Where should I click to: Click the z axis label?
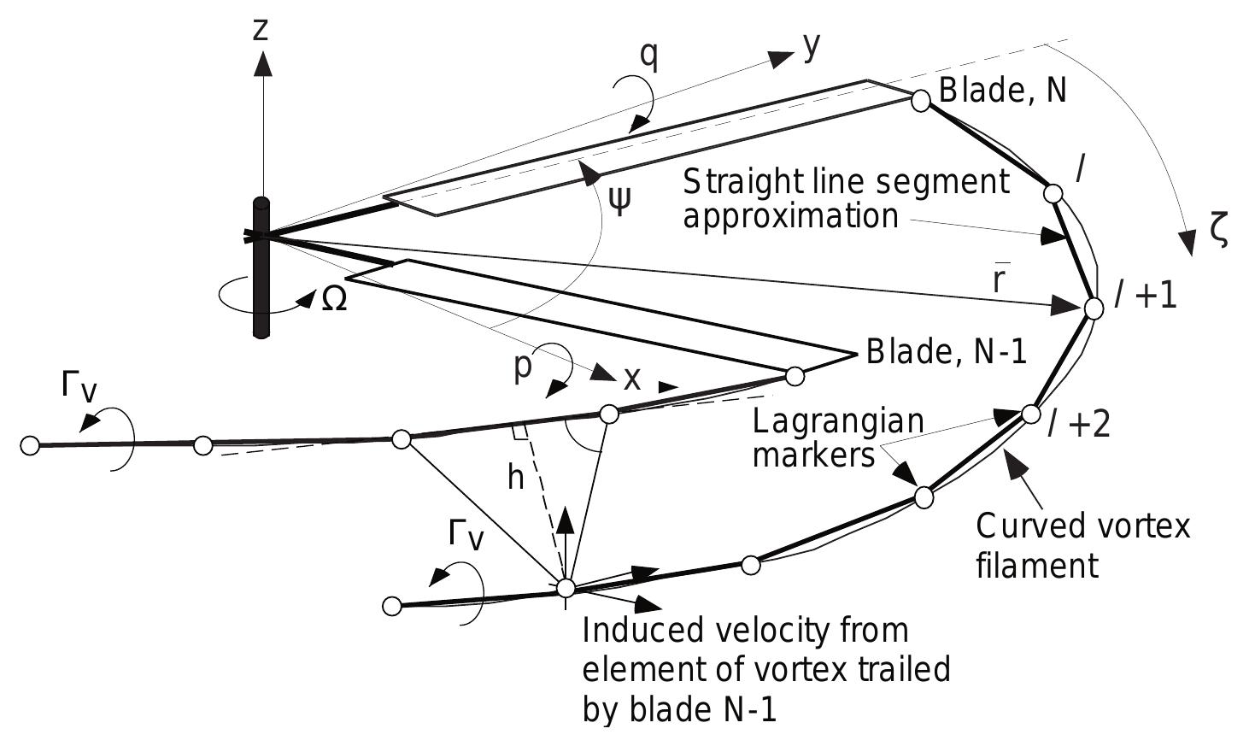(x=261, y=29)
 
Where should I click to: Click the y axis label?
(x=812, y=48)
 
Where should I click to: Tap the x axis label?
(x=631, y=378)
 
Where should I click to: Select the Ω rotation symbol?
(x=334, y=300)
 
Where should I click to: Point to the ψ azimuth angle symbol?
(x=620, y=201)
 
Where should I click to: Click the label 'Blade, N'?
(x=1002, y=90)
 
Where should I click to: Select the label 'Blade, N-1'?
(x=946, y=352)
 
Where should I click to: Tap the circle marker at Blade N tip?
(x=920, y=101)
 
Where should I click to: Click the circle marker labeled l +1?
(x=1094, y=308)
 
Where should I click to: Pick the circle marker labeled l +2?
(x=1031, y=414)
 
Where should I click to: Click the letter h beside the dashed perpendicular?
(x=515, y=479)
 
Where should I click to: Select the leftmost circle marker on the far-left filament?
(x=30, y=445)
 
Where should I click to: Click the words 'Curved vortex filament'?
(x=1082, y=545)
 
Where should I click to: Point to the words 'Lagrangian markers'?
(x=837, y=438)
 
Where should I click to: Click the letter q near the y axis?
(x=648, y=55)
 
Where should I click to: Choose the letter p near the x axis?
(x=523, y=366)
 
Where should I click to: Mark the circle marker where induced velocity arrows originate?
(x=566, y=588)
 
